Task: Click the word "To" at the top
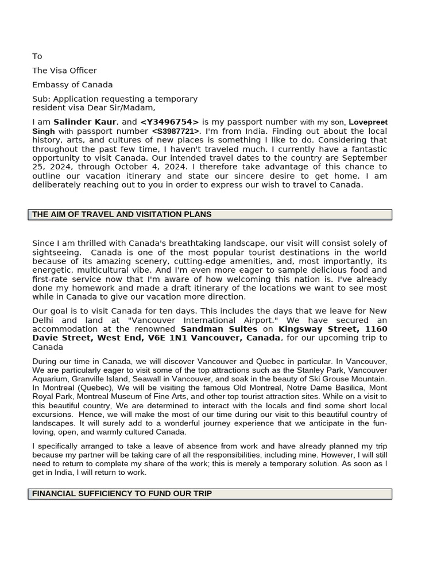pos(37,56)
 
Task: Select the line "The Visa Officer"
pos(64,71)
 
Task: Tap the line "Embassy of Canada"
pos(72,85)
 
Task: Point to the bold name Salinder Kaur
pos(85,122)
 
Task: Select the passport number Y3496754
pos(169,122)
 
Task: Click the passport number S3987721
pos(176,131)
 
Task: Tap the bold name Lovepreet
pos(368,122)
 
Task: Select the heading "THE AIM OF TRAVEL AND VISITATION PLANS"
pos(122,214)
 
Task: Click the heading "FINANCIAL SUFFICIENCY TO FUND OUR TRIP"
pos(122,494)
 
